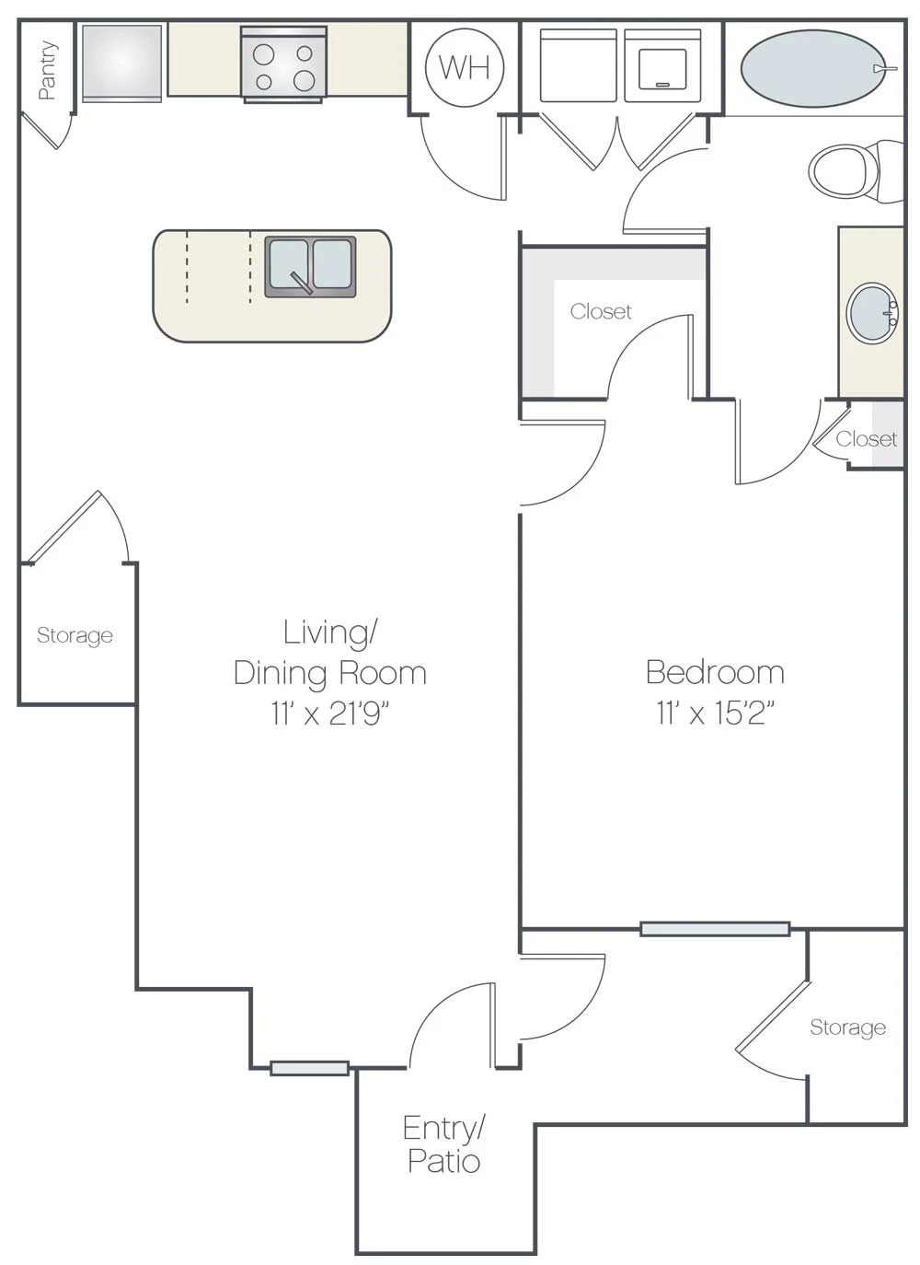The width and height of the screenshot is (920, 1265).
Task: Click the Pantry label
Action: point(47,70)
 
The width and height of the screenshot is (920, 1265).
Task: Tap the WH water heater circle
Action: point(465,67)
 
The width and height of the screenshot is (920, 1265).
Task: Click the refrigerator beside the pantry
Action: point(121,62)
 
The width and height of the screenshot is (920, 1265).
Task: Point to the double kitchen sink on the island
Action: point(310,267)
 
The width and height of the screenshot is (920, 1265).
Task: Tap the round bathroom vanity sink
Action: point(871,313)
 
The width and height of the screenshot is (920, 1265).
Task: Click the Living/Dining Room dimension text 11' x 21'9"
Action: point(330,713)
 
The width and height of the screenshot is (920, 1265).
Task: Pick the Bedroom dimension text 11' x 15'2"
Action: point(715,713)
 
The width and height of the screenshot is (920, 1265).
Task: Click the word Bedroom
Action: point(715,672)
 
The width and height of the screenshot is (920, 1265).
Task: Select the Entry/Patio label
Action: point(443,1144)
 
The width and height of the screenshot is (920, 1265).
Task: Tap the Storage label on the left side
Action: point(75,635)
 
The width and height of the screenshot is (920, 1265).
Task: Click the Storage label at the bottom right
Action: point(847,1027)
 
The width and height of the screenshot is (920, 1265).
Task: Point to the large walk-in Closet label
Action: point(601,312)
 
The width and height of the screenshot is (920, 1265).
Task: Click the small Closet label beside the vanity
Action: point(866,439)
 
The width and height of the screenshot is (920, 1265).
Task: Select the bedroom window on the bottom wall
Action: point(715,929)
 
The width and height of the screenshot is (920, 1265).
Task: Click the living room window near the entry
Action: point(309,1068)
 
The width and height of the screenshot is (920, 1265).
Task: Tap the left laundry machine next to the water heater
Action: point(578,66)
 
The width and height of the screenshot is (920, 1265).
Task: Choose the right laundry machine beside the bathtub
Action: point(661,66)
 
